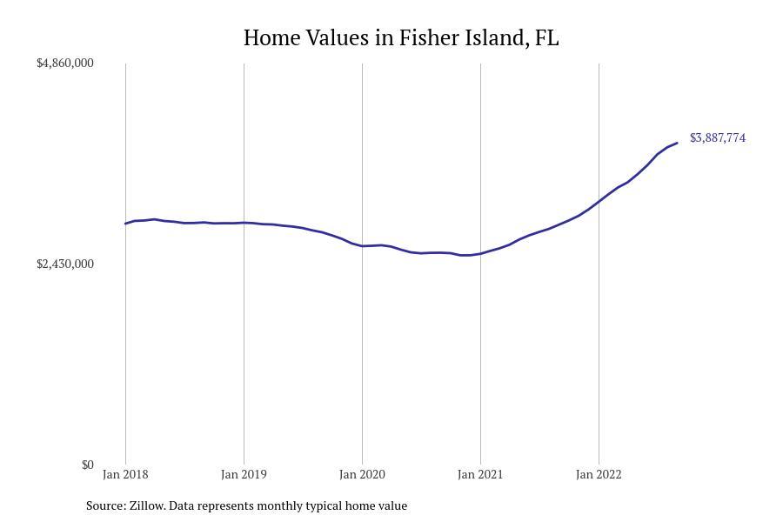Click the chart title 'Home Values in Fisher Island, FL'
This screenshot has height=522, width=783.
pyautogui.click(x=400, y=38)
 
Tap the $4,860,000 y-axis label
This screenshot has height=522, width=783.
pyautogui.click(x=65, y=64)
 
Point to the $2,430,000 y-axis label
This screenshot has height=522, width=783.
pyautogui.click(x=65, y=264)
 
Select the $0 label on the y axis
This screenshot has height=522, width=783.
pyautogui.click(x=87, y=465)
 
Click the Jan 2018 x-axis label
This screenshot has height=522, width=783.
pyautogui.click(x=125, y=474)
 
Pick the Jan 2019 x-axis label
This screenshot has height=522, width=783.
pyautogui.click(x=244, y=474)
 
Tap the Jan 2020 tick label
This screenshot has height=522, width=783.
pyautogui.click(x=362, y=474)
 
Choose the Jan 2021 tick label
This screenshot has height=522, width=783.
pyautogui.click(x=480, y=474)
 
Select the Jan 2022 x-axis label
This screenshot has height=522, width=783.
pyautogui.click(x=599, y=474)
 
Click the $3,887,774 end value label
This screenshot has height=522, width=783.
pyautogui.click(x=718, y=138)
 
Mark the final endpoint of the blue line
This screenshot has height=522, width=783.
pyautogui.click(x=677, y=143)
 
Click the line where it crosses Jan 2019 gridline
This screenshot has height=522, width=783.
pyautogui.click(x=244, y=223)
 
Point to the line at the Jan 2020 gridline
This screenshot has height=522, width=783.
pyautogui.click(x=362, y=246)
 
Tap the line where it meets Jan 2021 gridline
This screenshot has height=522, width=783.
pyautogui.click(x=480, y=253)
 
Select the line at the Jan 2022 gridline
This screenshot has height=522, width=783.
pyautogui.click(x=599, y=202)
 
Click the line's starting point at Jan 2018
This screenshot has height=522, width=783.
pyautogui.click(x=125, y=224)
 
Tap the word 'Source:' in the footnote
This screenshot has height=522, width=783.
pyautogui.click(x=105, y=505)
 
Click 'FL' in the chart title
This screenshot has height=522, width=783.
pyautogui.click(x=547, y=38)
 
